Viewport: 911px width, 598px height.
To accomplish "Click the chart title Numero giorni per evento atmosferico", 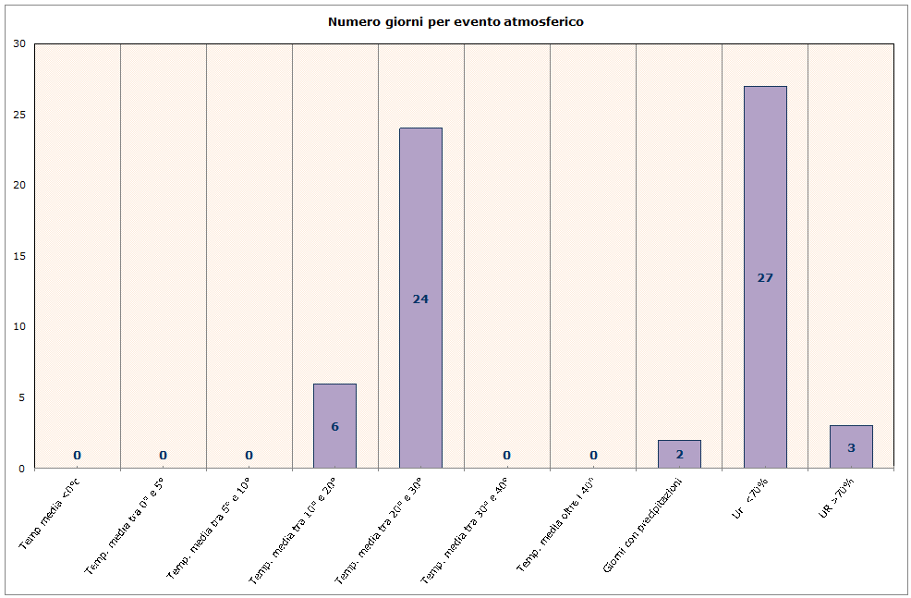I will click(455, 21).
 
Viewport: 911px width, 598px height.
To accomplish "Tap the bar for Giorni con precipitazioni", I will click(679, 454).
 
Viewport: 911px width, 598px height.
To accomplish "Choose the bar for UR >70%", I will click(851, 446).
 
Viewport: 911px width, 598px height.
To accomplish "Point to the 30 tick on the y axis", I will click(19, 43).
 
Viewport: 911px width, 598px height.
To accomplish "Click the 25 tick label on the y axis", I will click(19, 115).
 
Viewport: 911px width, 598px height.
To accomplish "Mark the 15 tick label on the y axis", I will click(19, 256).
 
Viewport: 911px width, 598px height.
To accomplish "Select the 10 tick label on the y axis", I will click(19, 327).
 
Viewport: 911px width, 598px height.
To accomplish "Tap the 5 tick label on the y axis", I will click(21, 397).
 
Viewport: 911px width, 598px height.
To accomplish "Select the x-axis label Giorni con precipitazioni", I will click(642, 524).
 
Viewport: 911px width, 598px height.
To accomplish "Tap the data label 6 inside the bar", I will click(334, 426).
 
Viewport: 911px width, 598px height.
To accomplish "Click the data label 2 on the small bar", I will click(679, 454).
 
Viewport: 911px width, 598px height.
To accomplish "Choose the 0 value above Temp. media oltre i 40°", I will click(593, 455).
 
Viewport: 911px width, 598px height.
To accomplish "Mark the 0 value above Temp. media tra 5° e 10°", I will click(249, 455).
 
